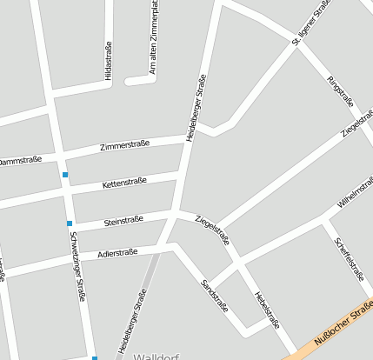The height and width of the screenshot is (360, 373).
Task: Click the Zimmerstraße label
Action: point(125,145)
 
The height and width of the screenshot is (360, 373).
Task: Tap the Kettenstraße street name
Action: point(124,183)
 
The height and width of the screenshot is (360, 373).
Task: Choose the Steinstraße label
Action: point(123,222)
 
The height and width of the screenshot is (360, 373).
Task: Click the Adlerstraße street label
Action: point(117,255)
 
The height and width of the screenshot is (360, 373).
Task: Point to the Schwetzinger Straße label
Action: point(77,266)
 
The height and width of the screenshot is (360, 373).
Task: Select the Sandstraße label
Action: point(214,297)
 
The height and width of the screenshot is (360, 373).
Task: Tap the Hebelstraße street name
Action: point(266,309)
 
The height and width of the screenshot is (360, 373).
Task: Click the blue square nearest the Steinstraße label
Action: point(70,224)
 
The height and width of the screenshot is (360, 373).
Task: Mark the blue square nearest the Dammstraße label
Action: point(64,175)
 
